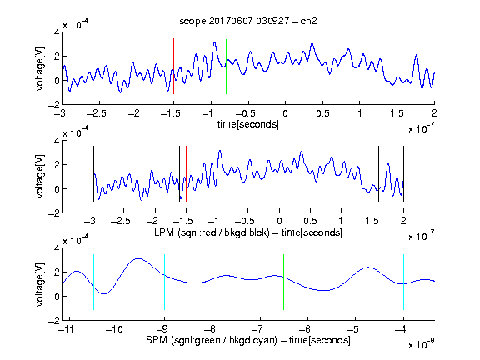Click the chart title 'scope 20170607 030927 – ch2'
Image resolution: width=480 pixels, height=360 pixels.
[248, 21]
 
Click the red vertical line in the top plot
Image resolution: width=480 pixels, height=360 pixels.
[173, 66]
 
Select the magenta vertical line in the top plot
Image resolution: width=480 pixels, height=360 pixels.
[397, 66]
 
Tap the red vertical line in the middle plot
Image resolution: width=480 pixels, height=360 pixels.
[186, 174]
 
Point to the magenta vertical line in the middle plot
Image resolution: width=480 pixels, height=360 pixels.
[372, 174]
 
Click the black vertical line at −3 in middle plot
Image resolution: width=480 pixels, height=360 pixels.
[93, 174]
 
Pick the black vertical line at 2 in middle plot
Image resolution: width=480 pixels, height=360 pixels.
[403, 174]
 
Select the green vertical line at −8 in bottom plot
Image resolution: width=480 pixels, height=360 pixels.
[212, 282]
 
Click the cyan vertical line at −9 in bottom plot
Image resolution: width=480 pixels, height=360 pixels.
[164, 282]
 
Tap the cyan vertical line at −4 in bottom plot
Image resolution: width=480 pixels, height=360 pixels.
[403, 282]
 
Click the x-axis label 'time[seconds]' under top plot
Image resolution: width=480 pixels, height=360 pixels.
[248, 124]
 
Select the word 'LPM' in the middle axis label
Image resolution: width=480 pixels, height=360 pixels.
[164, 232]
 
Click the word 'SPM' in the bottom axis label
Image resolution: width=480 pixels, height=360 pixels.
[157, 340]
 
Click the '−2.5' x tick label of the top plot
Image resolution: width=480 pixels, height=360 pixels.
[96, 113]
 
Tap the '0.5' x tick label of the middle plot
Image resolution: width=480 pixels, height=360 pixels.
[310, 221]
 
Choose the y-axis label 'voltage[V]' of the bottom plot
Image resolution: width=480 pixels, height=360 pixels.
[40, 284]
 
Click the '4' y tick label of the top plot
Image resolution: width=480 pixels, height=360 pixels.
[57, 32]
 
